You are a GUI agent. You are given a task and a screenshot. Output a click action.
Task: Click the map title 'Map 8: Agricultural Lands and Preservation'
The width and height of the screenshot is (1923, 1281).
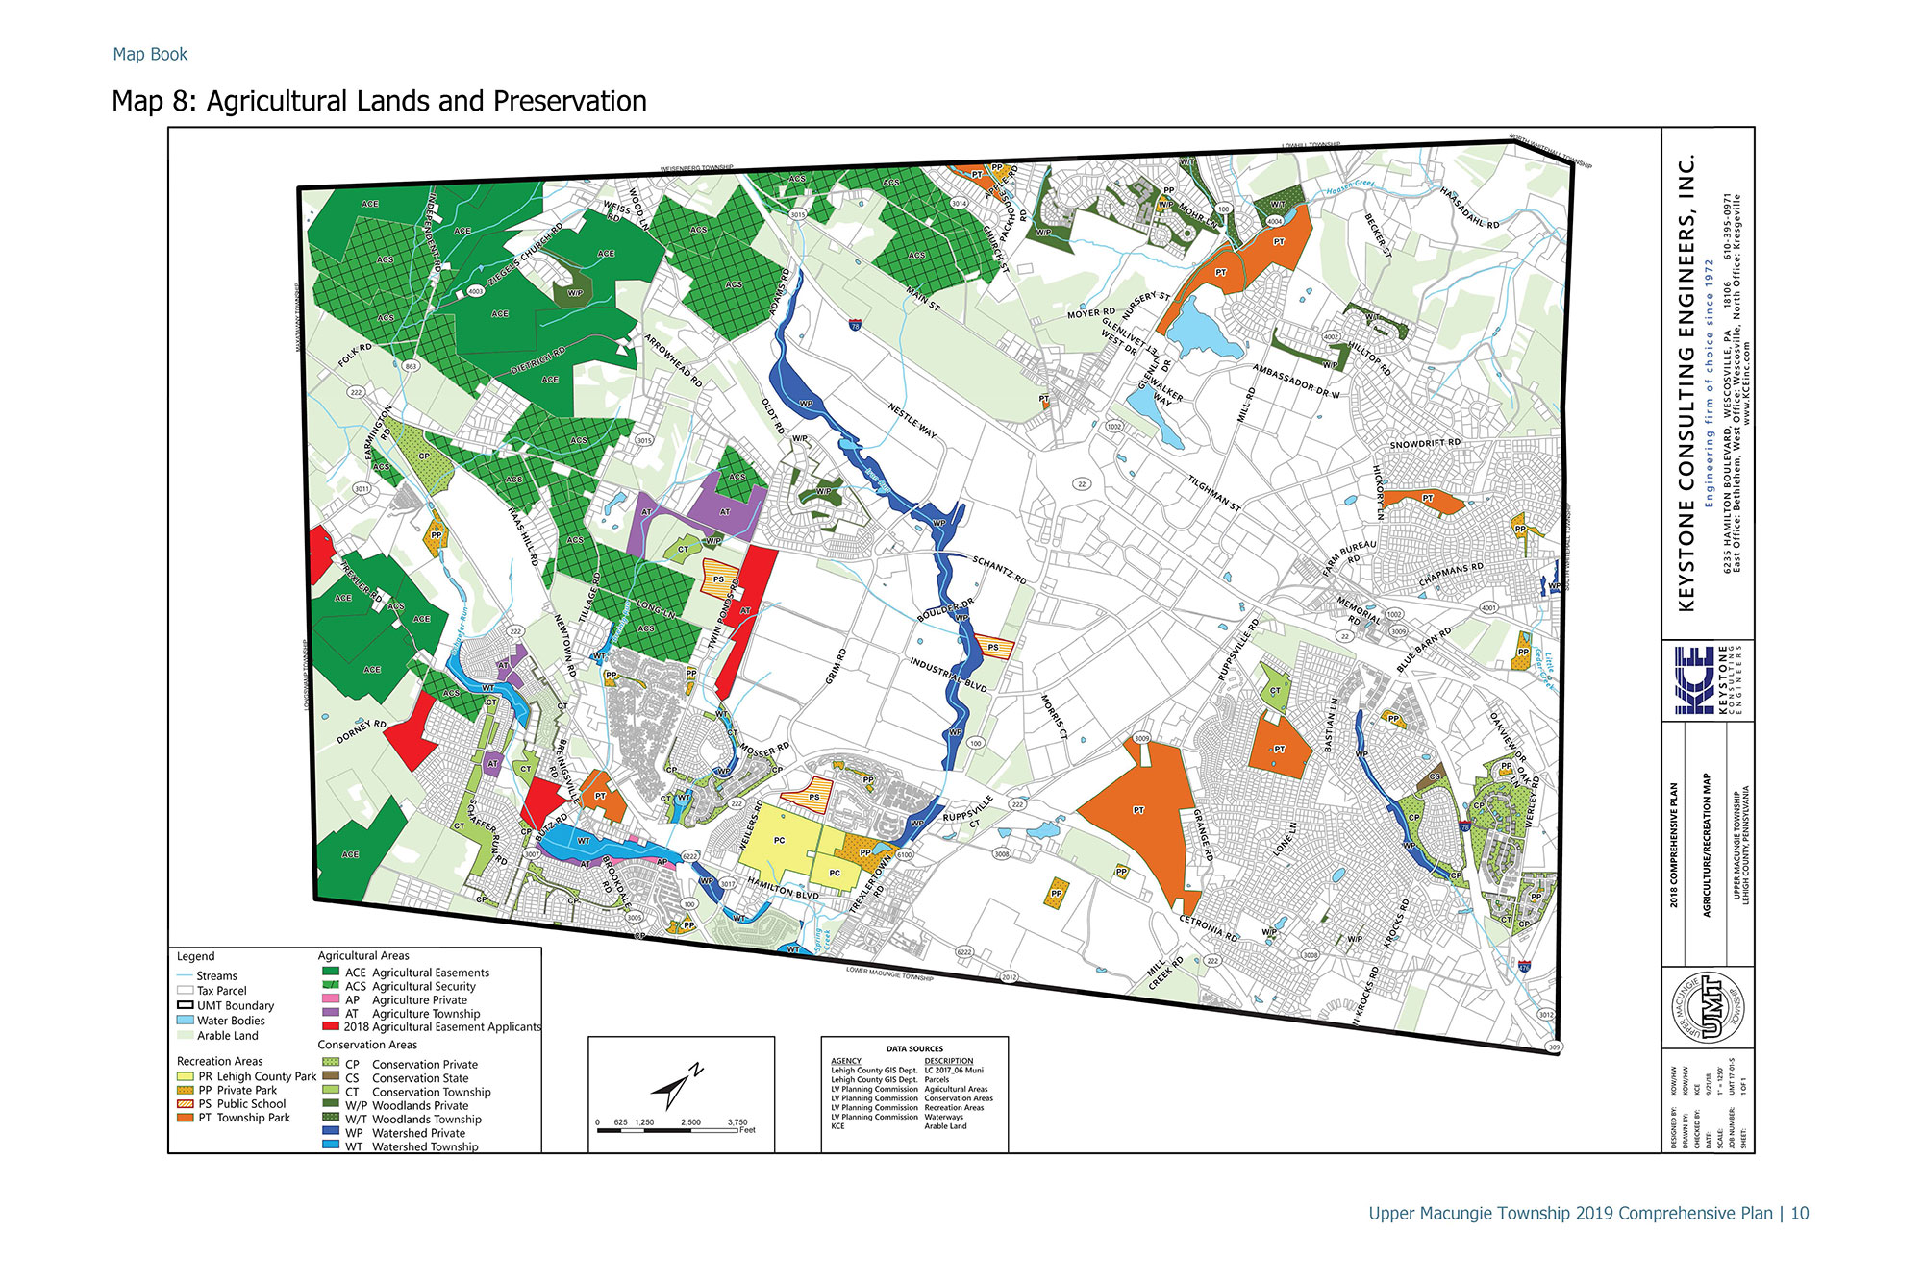(x=379, y=101)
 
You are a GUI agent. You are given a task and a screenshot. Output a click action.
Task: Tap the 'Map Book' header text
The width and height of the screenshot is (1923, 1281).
(x=150, y=55)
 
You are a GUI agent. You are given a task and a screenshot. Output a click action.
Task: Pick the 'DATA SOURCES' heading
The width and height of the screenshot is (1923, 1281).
(x=913, y=1048)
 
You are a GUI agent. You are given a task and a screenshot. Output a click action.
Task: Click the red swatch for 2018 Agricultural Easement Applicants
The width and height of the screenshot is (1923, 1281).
(x=330, y=1027)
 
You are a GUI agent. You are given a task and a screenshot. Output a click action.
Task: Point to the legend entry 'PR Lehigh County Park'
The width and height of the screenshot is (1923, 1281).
(x=247, y=1076)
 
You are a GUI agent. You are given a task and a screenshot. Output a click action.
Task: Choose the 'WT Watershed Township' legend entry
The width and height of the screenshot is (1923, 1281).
(x=412, y=1146)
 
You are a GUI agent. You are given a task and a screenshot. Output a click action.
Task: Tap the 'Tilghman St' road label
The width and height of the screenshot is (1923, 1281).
(x=1213, y=493)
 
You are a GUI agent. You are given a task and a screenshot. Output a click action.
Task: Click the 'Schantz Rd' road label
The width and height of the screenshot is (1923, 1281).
(x=999, y=570)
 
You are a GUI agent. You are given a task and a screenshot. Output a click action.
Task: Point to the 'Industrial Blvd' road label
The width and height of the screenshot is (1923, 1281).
(x=948, y=675)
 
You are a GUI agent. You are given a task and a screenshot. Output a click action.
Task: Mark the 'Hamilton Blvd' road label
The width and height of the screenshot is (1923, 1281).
(x=783, y=890)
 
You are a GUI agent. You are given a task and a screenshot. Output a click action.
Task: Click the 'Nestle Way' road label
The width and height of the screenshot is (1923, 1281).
(x=912, y=421)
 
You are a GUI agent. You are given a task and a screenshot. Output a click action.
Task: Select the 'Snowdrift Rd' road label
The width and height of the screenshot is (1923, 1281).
(x=1425, y=444)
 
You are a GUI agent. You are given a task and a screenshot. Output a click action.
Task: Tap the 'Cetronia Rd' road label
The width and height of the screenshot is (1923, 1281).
(x=1209, y=928)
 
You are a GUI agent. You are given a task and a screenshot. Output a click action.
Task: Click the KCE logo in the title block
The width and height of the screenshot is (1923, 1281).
(x=1694, y=680)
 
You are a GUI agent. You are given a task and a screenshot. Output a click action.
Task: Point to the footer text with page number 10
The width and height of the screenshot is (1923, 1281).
(x=1587, y=1214)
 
